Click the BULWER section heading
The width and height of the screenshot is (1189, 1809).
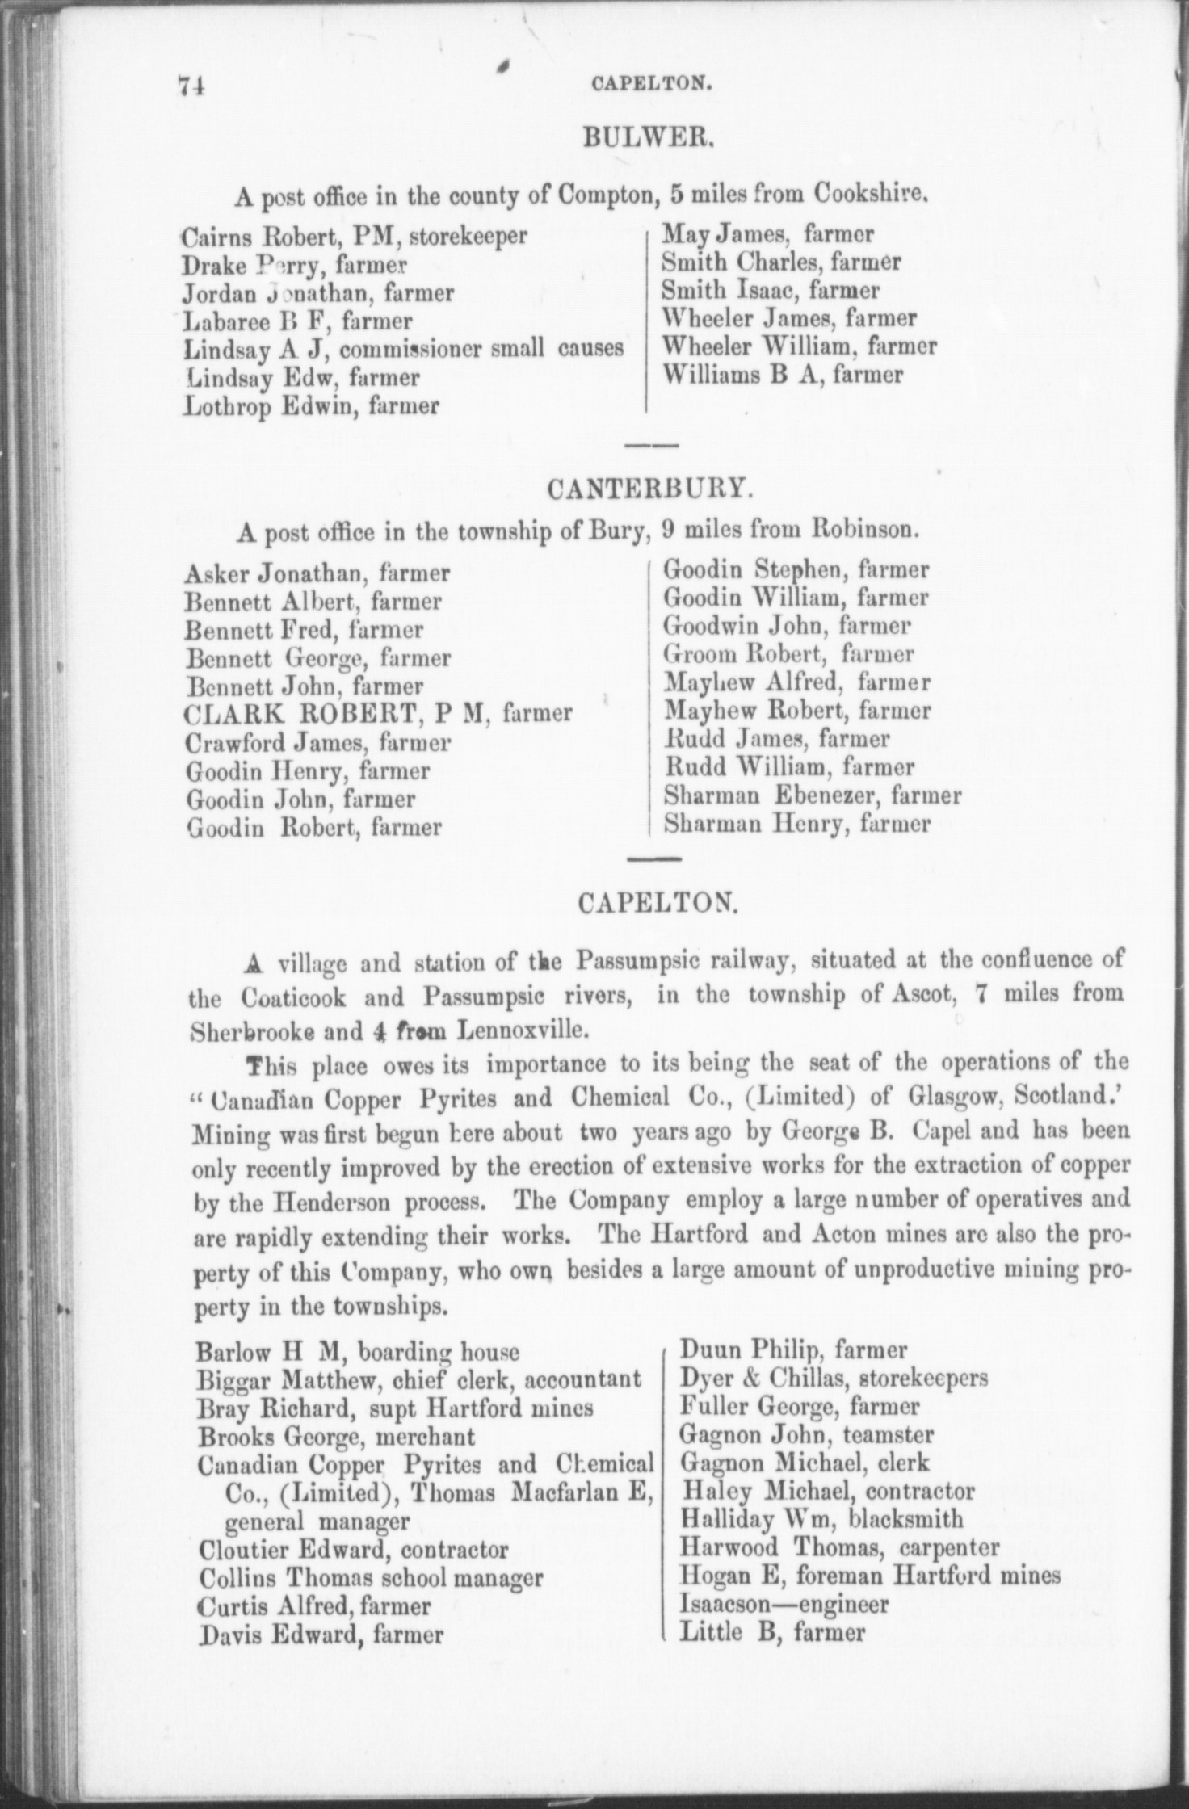coord(646,140)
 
